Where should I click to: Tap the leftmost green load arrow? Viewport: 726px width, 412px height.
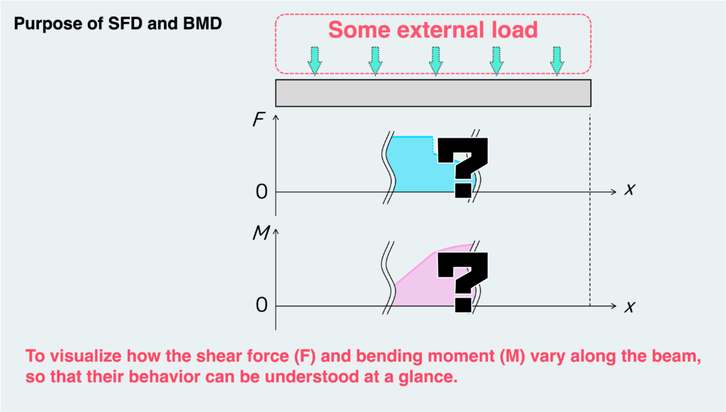(315, 60)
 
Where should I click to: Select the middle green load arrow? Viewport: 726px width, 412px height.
(436, 60)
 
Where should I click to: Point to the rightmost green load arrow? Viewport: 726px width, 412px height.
(558, 60)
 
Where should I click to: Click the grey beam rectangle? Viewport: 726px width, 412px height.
(433, 92)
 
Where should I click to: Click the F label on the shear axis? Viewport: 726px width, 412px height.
(258, 121)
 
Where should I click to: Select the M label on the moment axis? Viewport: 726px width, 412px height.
(259, 235)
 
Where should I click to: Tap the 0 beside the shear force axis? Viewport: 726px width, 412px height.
(261, 192)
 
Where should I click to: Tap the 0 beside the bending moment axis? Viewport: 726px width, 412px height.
(261, 306)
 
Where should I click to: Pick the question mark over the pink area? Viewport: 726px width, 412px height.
(462, 281)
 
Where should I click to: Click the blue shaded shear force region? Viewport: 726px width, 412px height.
(415, 167)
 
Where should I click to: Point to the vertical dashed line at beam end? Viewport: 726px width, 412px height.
(590, 213)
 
